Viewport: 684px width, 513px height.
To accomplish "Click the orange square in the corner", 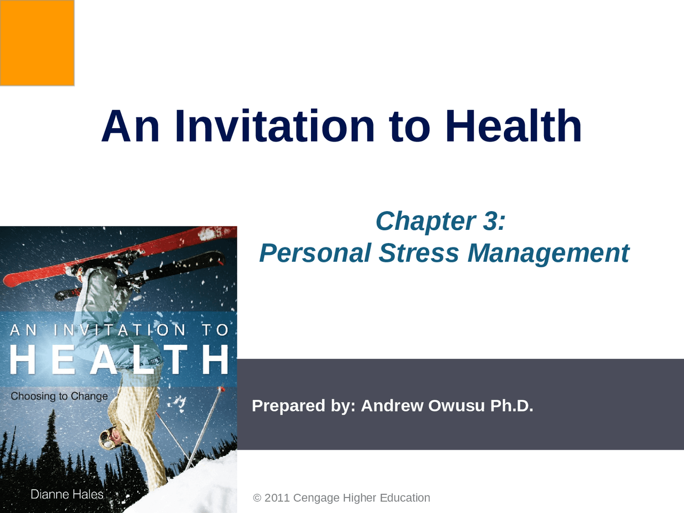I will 37,43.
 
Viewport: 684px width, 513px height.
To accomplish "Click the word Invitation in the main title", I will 275,127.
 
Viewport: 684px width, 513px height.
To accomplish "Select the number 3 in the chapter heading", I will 490,221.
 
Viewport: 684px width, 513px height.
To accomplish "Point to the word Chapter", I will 425,221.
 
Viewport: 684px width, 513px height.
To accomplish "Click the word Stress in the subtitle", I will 419,253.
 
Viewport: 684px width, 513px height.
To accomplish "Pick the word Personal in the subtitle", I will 315,253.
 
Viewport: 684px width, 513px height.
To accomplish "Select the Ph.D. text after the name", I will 512,406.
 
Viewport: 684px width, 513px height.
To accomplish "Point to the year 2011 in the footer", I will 277,498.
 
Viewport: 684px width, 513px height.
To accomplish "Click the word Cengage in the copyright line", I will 316,498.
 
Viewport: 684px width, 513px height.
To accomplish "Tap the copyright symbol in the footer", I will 257,498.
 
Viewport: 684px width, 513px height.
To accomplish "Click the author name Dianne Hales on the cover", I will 67,494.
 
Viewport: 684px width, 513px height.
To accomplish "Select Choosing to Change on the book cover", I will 59,396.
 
